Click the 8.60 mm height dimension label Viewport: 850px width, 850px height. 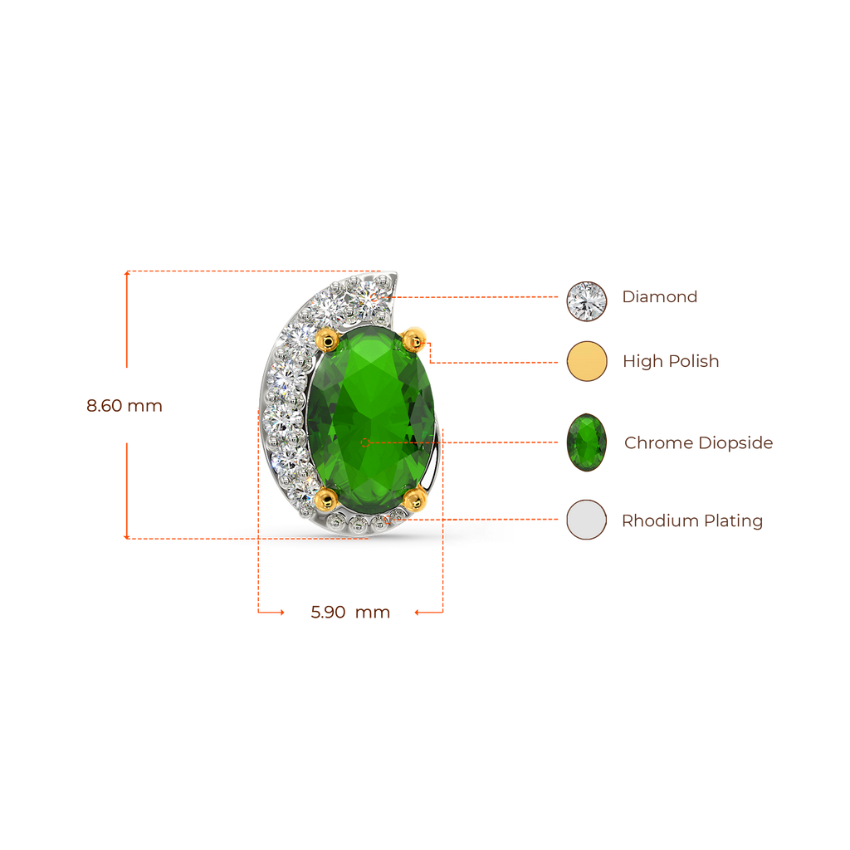pyautogui.click(x=125, y=405)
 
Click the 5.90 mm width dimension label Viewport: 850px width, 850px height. pyautogui.click(x=350, y=612)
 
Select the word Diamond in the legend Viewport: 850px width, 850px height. pyautogui.click(x=659, y=296)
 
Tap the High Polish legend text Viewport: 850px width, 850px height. pyautogui.click(x=671, y=361)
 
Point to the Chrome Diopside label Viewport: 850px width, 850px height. pyautogui.click(x=698, y=443)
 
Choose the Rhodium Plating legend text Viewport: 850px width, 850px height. pyautogui.click(x=691, y=520)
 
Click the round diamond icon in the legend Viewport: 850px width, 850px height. pyautogui.click(x=587, y=301)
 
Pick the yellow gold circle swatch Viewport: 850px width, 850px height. pyautogui.click(x=587, y=361)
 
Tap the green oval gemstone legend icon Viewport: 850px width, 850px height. pyautogui.click(x=587, y=442)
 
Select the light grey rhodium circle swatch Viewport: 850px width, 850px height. pyautogui.click(x=587, y=520)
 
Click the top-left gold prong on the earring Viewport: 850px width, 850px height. pyautogui.click(x=327, y=340)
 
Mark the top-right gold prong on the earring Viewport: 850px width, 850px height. pyautogui.click(x=413, y=340)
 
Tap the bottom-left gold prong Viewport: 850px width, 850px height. pyautogui.click(x=326, y=499)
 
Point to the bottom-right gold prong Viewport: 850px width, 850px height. pyautogui.click(x=415, y=499)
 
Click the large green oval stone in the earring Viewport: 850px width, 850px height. pyautogui.click(x=371, y=419)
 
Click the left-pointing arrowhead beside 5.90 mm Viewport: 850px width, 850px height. pyautogui.click(x=418, y=613)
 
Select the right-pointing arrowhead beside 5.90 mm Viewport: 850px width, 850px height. pyautogui.click(x=281, y=613)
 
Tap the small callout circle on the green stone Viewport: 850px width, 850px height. pyautogui.click(x=365, y=442)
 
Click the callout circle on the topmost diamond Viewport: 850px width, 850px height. pyautogui.click(x=374, y=297)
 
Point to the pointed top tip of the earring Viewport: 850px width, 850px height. pyautogui.click(x=396, y=272)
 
